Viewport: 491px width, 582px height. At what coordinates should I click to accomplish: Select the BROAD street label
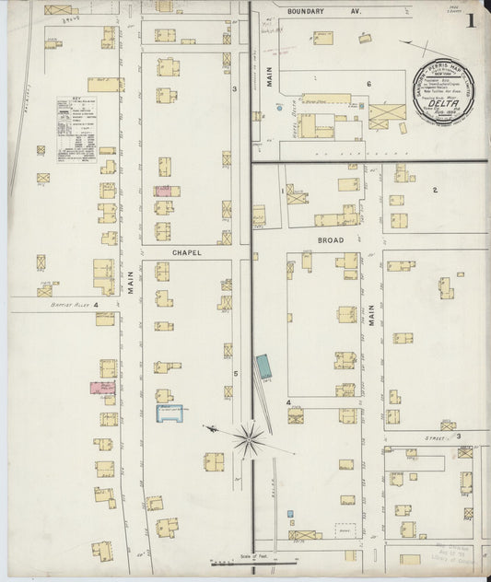pos(331,239)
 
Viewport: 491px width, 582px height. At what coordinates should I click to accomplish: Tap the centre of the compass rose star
pos(249,436)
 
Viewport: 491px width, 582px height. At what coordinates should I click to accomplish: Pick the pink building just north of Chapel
pos(162,191)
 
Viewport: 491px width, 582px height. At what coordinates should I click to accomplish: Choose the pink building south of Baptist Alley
pos(102,388)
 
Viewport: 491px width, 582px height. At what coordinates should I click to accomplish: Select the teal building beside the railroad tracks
pos(264,366)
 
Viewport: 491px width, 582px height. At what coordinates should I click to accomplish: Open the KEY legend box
pos(77,130)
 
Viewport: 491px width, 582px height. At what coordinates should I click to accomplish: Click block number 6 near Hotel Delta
pos(368,85)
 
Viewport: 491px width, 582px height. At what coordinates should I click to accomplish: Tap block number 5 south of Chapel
pos(236,373)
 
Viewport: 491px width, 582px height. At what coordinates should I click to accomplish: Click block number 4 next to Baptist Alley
pos(95,304)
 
